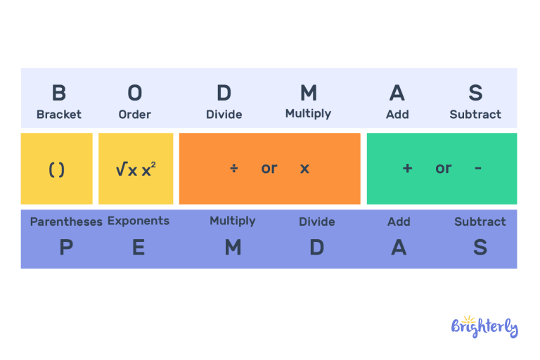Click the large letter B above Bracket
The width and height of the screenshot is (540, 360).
[59, 93]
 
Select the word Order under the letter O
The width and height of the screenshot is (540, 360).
[134, 114]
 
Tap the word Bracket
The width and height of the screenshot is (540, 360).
[59, 114]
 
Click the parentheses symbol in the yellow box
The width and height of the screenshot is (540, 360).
[57, 169]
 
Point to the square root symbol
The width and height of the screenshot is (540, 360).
[120, 169]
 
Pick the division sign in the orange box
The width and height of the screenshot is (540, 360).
[233, 169]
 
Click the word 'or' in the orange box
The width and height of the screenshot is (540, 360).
[269, 169]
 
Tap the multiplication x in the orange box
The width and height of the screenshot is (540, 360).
[304, 169]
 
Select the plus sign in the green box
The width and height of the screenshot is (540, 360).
[407, 169]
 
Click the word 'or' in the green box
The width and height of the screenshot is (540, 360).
[443, 169]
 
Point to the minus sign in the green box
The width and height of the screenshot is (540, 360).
[478, 169]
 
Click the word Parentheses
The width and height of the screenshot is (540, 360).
[66, 221]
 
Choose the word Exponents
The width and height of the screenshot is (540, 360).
[139, 221]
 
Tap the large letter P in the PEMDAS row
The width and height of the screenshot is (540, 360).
[65, 247]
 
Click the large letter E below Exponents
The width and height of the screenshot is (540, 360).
[139, 247]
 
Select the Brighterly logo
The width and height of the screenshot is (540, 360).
[484, 326]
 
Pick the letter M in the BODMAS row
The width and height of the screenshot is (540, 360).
[308, 93]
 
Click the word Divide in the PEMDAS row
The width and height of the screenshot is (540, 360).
[316, 221]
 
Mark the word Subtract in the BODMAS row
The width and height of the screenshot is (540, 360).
[475, 114]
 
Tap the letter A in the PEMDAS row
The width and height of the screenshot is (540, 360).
[399, 247]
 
